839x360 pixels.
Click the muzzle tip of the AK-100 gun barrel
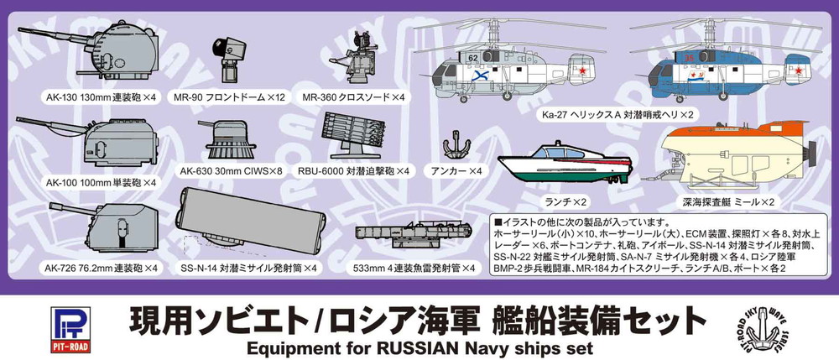(x=17, y=119)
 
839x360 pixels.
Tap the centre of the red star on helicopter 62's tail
(x=584, y=70)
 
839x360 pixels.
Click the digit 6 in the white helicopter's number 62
(x=471, y=57)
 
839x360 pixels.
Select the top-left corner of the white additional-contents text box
(x=490, y=216)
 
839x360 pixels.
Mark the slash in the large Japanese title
(x=321, y=322)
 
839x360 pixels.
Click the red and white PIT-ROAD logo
(x=71, y=330)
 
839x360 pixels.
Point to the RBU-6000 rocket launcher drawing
(x=354, y=135)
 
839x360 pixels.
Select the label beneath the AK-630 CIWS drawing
(x=232, y=172)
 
